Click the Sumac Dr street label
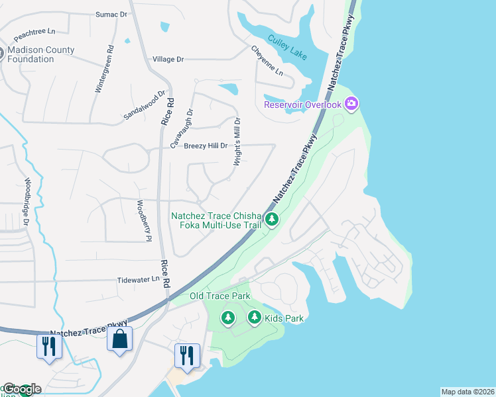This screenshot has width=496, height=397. [x=111, y=14]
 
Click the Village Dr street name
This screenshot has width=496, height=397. [x=168, y=60]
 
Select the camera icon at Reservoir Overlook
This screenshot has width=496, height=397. [x=351, y=103]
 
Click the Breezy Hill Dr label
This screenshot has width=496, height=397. [x=206, y=146]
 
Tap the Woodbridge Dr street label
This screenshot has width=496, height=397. [x=27, y=201]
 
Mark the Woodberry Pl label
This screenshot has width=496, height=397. [x=144, y=220]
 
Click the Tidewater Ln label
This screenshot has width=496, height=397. [x=138, y=280]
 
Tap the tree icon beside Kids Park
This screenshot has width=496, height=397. [x=254, y=318]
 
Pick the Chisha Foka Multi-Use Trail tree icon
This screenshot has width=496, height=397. [x=271, y=220]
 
